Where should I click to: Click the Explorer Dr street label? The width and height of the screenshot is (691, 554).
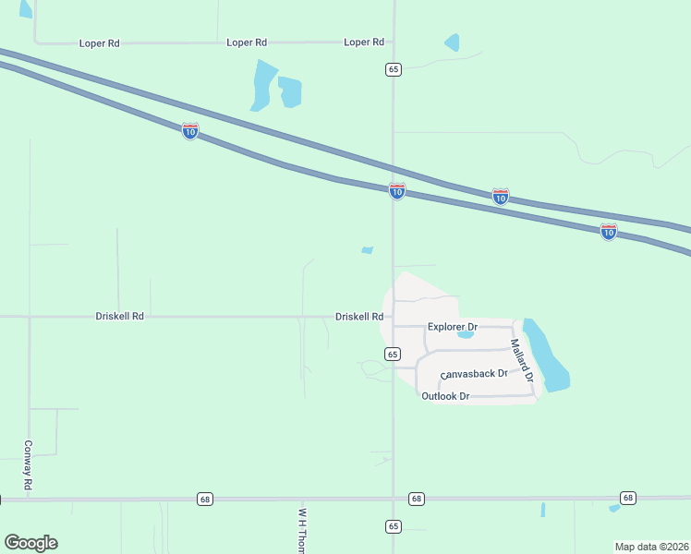pos(452,327)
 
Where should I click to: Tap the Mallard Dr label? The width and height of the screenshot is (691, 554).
pos(523,360)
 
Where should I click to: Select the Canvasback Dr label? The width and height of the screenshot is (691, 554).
pos(476,374)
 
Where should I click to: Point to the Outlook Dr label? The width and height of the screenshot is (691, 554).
pos(446,396)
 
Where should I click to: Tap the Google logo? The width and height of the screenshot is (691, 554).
pos(30,543)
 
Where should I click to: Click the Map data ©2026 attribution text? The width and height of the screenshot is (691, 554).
pos(651,547)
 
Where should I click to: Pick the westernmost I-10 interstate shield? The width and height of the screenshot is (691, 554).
pos(189,131)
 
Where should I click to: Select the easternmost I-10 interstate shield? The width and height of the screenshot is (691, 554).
pos(608,232)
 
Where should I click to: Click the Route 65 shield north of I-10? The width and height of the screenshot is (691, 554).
pos(394,69)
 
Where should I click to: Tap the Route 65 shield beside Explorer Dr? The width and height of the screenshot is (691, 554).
pos(393,354)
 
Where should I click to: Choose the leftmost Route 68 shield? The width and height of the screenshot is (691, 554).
pos(205,499)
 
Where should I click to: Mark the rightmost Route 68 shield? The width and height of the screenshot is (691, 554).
pos(628,498)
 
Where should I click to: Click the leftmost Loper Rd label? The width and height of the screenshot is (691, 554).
pos(100,43)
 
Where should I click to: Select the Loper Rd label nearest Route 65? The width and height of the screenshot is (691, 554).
pos(363,42)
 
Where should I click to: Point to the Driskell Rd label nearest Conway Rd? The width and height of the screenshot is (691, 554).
pos(119,316)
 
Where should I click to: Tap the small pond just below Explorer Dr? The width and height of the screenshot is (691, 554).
pos(466,335)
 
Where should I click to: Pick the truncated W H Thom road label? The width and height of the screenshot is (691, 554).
pos(302,529)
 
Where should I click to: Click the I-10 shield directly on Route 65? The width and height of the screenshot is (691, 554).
pos(397,191)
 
